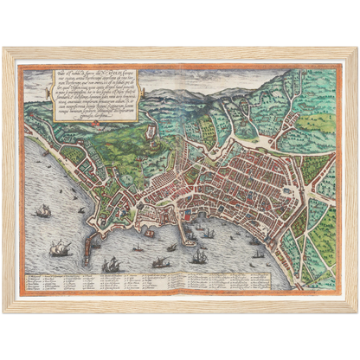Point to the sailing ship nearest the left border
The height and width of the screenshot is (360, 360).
[42, 211]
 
